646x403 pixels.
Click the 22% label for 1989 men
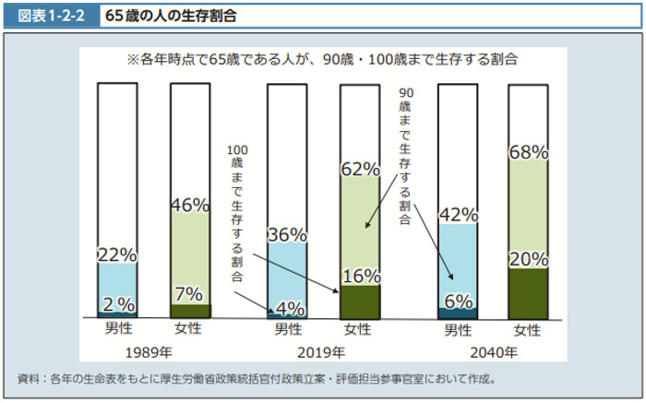pos(117,255)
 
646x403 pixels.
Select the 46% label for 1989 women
pos(189,206)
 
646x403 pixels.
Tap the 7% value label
pos(189,293)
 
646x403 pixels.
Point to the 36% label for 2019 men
pos(287,234)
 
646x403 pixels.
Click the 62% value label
pos(360,169)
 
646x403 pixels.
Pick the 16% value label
pos(361,276)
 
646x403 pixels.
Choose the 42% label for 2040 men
pos(458,215)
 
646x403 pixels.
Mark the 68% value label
pos(530,152)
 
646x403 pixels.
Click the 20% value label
pos(530,259)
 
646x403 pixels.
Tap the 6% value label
pos(458,301)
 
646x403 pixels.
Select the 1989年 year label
pos(153,352)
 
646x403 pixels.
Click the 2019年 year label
pos(322,352)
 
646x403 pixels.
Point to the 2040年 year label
pos(494,352)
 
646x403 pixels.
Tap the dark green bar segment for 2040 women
pos(529,293)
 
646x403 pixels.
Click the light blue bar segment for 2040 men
pos(458,263)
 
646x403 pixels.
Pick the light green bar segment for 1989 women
pos(189,258)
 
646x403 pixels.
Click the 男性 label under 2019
pos(288,328)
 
